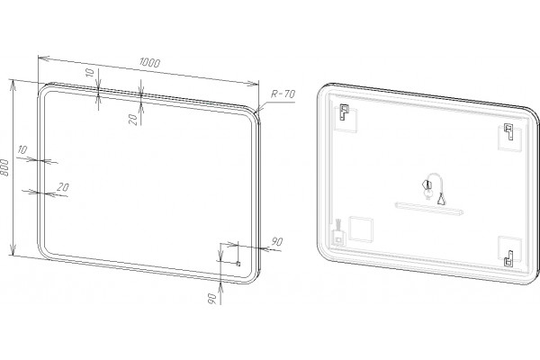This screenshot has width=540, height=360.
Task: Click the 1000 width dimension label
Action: coord(149,62)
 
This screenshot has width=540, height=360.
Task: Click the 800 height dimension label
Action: coord(4,167)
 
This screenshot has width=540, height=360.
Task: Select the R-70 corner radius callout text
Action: coord(283,94)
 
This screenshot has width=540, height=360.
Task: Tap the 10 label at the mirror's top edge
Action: coord(89,73)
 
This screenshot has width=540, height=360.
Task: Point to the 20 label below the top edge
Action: coord(133,120)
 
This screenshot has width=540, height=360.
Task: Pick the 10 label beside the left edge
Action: coord(22,150)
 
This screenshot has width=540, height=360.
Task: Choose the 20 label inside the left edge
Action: coord(63,187)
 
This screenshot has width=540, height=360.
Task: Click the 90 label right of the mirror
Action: coord(277,241)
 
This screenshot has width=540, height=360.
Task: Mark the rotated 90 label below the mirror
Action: coord(212,299)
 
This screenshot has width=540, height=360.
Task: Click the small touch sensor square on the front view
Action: coord(238,264)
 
